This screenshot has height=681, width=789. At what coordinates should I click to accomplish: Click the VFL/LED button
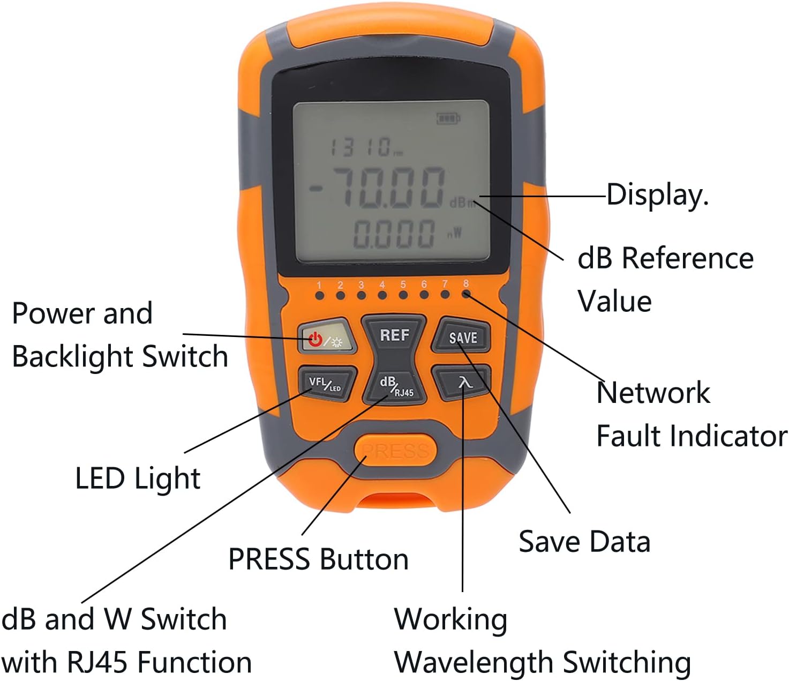point(327,384)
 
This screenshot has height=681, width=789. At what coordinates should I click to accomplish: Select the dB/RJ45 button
point(394,386)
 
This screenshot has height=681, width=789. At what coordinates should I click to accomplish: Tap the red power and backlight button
point(327,336)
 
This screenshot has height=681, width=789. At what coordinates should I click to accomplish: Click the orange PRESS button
point(395,451)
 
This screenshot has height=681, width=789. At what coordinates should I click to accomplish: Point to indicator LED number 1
point(320,296)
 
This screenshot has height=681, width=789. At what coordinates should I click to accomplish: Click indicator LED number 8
point(466,294)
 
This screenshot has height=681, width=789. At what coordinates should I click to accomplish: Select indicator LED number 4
point(382,295)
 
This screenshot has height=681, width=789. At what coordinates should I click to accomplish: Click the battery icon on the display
point(448,118)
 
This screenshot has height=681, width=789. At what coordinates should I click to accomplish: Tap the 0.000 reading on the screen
point(394,234)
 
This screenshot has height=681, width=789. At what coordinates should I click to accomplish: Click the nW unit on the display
point(455,233)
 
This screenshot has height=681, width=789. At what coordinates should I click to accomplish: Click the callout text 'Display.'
point(657,194)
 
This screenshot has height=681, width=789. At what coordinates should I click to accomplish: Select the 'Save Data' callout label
point(584,541)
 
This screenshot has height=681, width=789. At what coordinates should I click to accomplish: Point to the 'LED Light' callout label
point(138,478)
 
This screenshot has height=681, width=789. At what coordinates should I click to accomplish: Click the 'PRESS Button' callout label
point(318,559)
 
